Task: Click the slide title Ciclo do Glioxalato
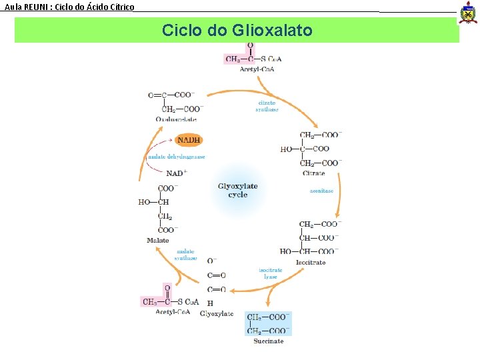point(237,30)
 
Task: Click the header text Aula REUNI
point(69,7)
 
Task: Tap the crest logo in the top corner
point(469,12)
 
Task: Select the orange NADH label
point(189,140)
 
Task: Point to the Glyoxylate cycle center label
point(237,190)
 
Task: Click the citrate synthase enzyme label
point(267,106)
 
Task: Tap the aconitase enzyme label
point(321,191)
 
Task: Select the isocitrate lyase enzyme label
point(271,273)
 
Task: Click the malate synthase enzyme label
point(185,255)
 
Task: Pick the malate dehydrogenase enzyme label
point(177,157)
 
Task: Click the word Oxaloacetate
point(176,119)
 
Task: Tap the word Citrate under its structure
point(314,173)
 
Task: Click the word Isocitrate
point(311,262)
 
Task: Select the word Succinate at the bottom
point(268,341)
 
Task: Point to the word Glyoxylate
point(217,313)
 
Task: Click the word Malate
point(158,240)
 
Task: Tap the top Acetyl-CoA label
point(257,69)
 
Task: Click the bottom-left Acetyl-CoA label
point(173,311)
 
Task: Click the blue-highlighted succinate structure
point(268,323)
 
